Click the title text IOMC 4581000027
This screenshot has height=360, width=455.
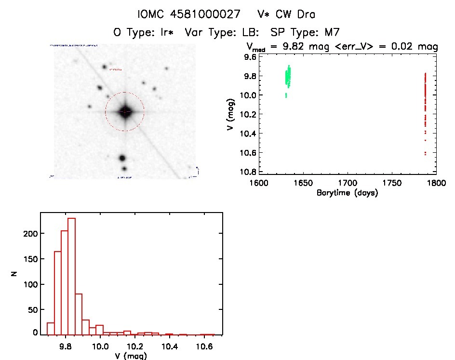coord(189,14)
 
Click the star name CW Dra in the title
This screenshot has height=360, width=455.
coord(295,14)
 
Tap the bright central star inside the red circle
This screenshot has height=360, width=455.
coord(125,111)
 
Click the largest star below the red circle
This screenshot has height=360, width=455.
coord(122,158)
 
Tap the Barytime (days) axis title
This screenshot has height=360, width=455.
coord(347,193)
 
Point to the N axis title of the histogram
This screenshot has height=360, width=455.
coord(14,274)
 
